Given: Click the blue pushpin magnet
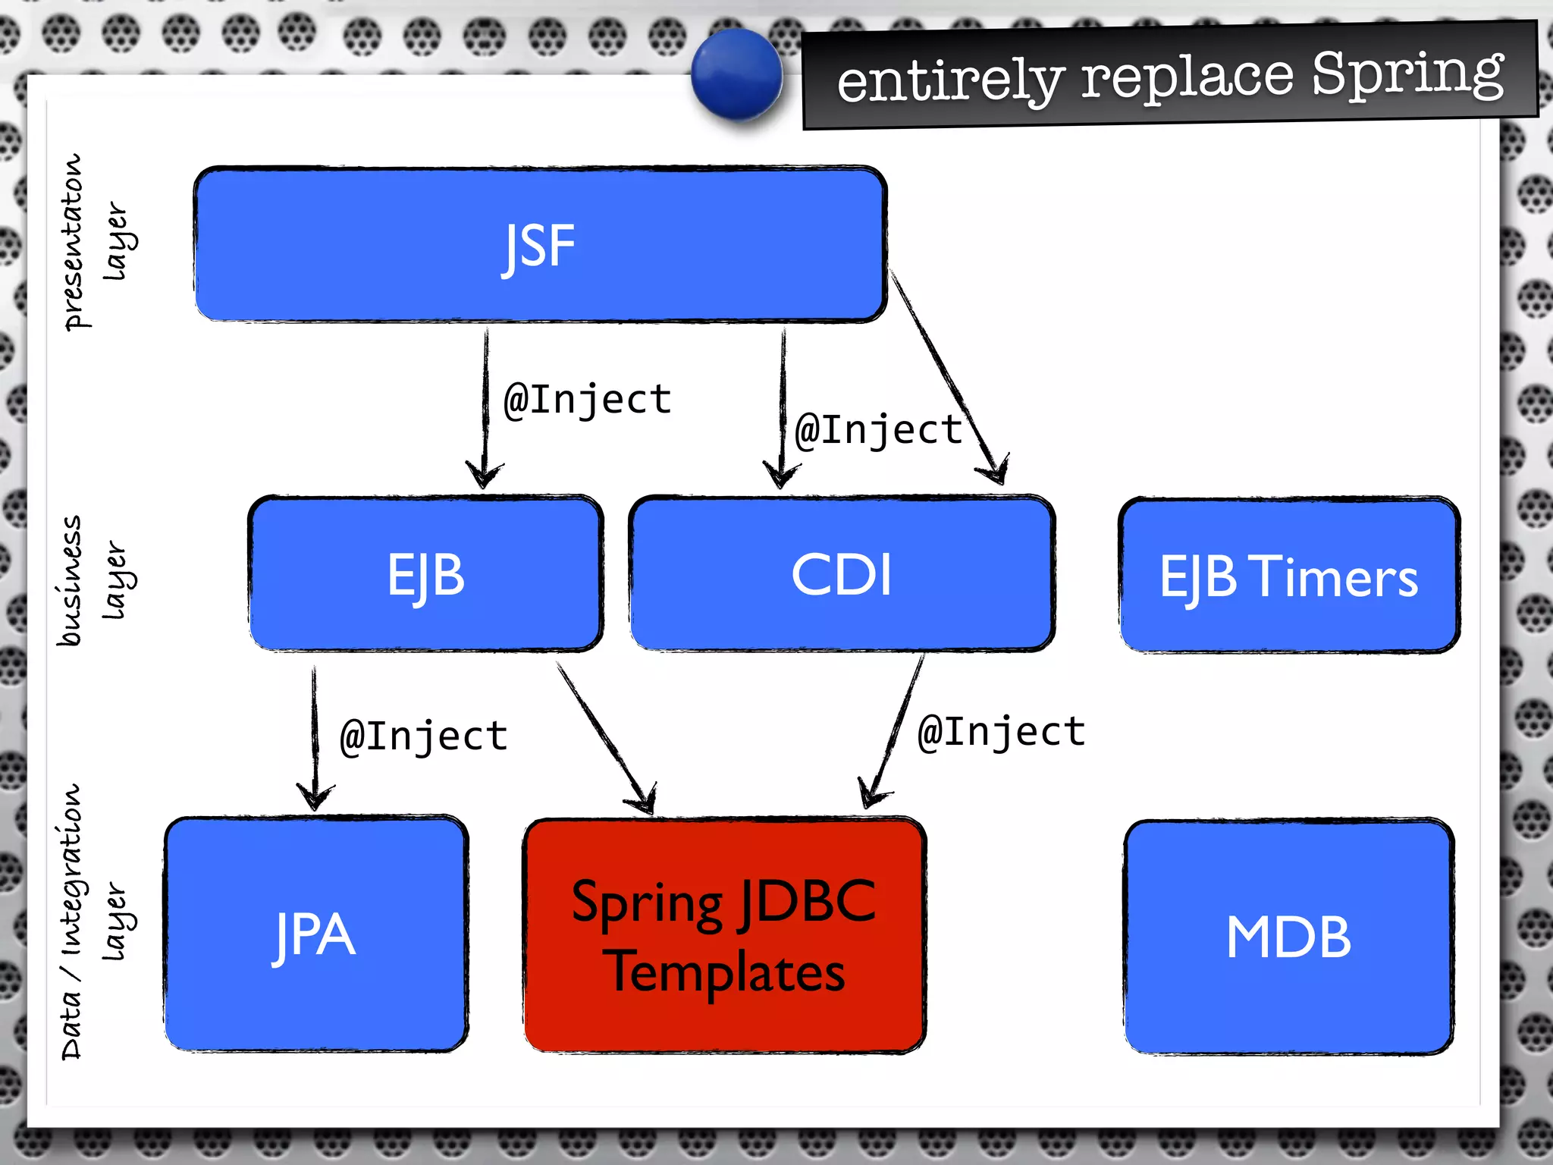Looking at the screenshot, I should tap(736, 74).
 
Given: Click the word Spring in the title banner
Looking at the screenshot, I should tap(1407, 74).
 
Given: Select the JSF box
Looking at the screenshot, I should tap(540, 244).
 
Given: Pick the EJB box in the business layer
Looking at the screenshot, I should tap(426, 574).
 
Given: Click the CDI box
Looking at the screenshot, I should tap(842, 574).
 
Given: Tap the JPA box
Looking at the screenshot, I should tap(315, 934).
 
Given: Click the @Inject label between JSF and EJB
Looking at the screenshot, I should tap(588, 400).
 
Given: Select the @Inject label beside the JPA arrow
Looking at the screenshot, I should tap(424, 736).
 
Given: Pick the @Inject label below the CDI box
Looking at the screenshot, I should tap(1001, 733).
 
